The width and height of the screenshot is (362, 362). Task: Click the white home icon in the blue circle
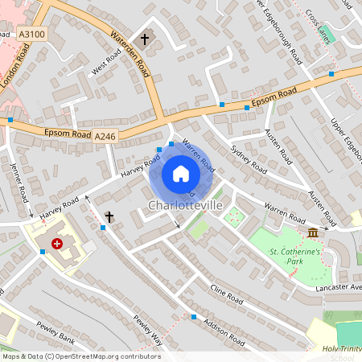(181, 173)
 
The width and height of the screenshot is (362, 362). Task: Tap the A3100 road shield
(31, 34)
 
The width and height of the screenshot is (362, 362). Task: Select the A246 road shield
(105, 137)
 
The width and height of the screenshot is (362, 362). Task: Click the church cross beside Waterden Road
(145, 39)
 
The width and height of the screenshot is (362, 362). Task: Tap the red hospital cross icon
(57, 243)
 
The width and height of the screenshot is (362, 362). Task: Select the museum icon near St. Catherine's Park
(312, 233)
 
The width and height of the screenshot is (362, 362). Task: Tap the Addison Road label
(224, 330)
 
